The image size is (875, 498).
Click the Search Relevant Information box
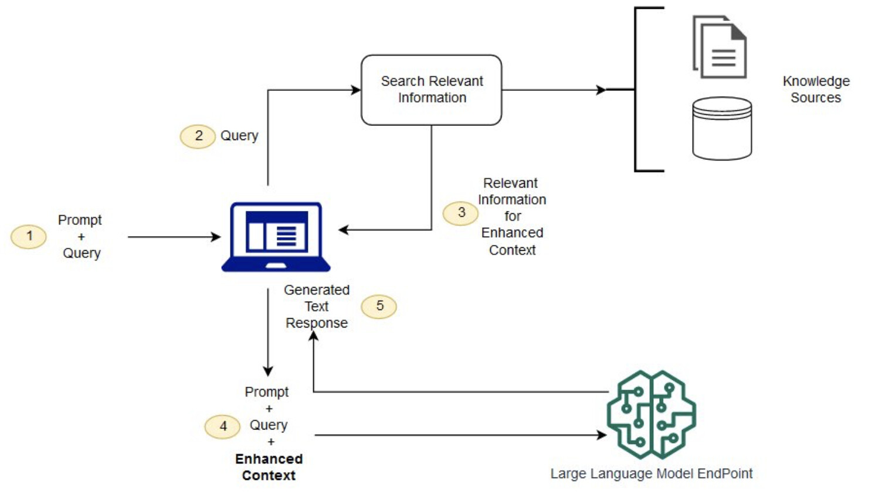(x=432, y=90)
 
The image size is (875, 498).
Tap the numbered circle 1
(x=29, y=237)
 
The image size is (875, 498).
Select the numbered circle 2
(x=198, y=136)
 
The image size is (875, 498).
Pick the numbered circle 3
(x=461, y=213)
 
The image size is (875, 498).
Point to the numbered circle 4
(x=222, y=427)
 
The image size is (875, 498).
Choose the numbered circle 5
(x=379, y=306)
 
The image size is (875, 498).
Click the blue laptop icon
(x=276, y=237)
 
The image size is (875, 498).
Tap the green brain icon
(x=651, y=414)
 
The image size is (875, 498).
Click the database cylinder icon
(x=722, y=128)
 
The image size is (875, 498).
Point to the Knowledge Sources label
(x=816, y=89)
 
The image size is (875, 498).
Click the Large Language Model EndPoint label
(x=651, y=473)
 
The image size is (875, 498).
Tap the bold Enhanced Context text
(x=269, y=467)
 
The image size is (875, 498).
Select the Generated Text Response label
(x=317, y=306)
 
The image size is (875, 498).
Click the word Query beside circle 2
(x=239, y=136)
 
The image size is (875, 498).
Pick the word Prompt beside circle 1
(x=80, y=220)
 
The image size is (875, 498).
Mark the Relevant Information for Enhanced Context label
(x=512, y=216)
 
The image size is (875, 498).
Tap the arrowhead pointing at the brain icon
(x=602, y=435)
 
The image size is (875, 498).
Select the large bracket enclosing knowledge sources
(x=636, y=90)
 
